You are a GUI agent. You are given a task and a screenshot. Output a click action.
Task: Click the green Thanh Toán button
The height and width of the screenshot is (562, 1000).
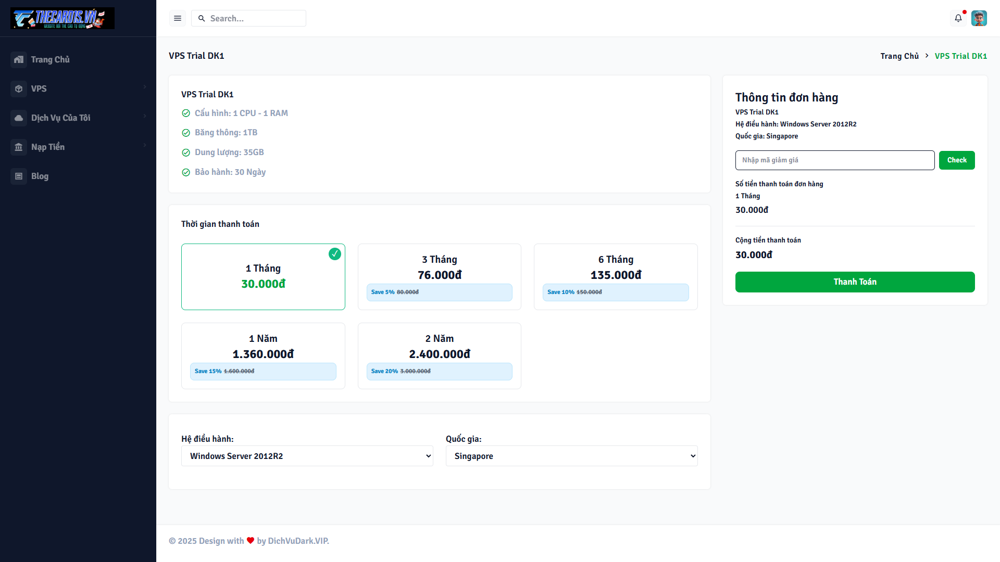[855, 282]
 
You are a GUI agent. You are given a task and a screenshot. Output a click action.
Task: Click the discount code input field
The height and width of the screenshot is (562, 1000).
[834, 160]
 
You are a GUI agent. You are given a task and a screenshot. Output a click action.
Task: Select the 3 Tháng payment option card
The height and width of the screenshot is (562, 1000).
[439, 276]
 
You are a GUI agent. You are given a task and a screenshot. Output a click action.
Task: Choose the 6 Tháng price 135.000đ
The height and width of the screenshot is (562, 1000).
[616, 275]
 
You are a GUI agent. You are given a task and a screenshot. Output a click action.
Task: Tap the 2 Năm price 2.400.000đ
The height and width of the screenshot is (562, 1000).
[439, 354]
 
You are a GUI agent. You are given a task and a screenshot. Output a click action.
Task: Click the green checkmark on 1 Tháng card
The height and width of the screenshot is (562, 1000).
[335, 254]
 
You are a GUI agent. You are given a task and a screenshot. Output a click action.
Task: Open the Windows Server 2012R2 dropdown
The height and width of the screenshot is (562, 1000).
[307, 456]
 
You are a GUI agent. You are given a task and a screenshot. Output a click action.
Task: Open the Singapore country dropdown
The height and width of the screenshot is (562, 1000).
[571, 456]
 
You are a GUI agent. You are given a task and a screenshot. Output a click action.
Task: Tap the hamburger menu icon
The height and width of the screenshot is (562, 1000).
[178, 18]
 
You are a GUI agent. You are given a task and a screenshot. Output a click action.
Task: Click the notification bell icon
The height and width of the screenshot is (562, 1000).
[958, 18]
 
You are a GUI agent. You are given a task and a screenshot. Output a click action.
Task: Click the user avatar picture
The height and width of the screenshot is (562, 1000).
[979, 18]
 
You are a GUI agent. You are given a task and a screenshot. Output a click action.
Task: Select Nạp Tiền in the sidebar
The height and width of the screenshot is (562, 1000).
[48, 147]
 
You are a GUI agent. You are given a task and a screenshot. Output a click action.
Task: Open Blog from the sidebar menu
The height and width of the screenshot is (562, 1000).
[40, 176]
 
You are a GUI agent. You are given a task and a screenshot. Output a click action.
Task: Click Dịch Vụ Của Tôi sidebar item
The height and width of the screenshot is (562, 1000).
[60, 118]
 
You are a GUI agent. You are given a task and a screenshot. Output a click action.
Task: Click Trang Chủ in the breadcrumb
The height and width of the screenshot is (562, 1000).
[899, 56]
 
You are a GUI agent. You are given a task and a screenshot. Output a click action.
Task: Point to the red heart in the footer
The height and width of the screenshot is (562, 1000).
[251, 541]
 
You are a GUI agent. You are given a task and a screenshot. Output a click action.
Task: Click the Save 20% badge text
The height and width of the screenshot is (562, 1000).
[384, 372]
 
